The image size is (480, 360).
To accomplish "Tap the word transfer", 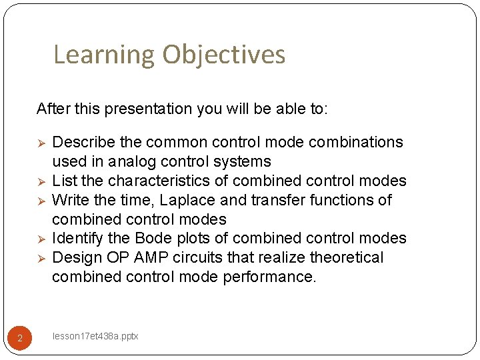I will click(274, 200).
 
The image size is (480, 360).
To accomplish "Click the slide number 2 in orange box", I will click(20, 339).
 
